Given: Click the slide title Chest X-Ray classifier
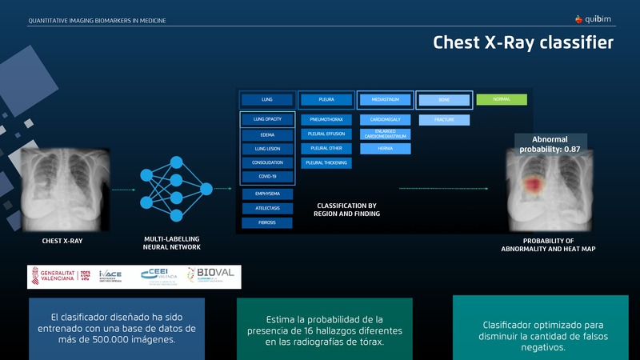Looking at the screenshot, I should [523, 42].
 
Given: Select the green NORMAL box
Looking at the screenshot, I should [502, 99].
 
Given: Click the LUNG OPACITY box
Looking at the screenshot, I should [267, 119].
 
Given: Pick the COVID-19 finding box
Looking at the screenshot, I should [267, 176].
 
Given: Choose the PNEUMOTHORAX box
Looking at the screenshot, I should [326, 119].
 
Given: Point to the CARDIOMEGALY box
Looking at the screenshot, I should [385, 119].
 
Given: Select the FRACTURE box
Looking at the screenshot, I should [444, 119].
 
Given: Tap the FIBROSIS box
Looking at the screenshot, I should [267, 222].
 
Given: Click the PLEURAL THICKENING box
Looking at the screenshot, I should [326, 162].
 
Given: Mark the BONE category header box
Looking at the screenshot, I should [444, 99].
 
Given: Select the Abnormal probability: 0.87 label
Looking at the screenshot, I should [550, 144].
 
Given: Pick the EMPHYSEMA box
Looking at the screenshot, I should [267, 194].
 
